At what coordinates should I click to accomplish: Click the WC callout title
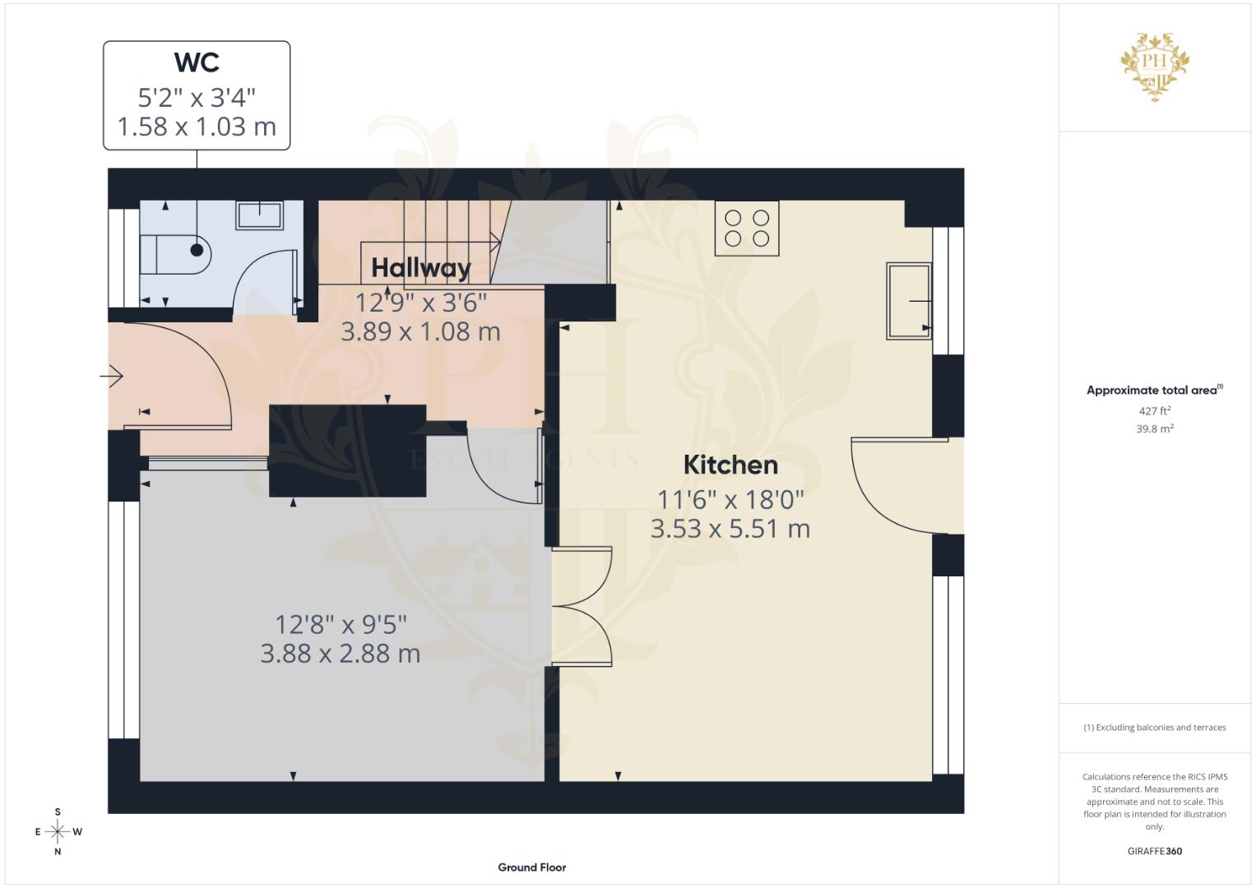coord(197,62)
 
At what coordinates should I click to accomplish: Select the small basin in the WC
coord(260,215)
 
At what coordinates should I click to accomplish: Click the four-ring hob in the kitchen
coord(747,228)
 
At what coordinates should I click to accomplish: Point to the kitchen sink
coord(908,301)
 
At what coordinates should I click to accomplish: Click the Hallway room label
coord(420,268)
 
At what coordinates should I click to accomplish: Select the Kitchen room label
coord(730,465)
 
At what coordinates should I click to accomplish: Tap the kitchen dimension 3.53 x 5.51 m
coord(730,529)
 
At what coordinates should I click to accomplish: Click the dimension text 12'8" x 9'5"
coord(341,625)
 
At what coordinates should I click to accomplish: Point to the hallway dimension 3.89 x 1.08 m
coord(420,332)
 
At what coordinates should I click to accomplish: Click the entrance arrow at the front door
coord(112,377)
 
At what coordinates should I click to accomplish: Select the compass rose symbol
coord(58,832)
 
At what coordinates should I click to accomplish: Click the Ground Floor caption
coord(532,867)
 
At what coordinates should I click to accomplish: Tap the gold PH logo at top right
coord(1155,66)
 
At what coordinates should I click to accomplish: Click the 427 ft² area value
coord(1155,411)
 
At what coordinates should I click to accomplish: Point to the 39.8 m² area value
coord(1155,428)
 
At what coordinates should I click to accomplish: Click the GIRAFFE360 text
coord(1155,851)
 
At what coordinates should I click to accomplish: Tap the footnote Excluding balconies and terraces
coord(1155,728)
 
